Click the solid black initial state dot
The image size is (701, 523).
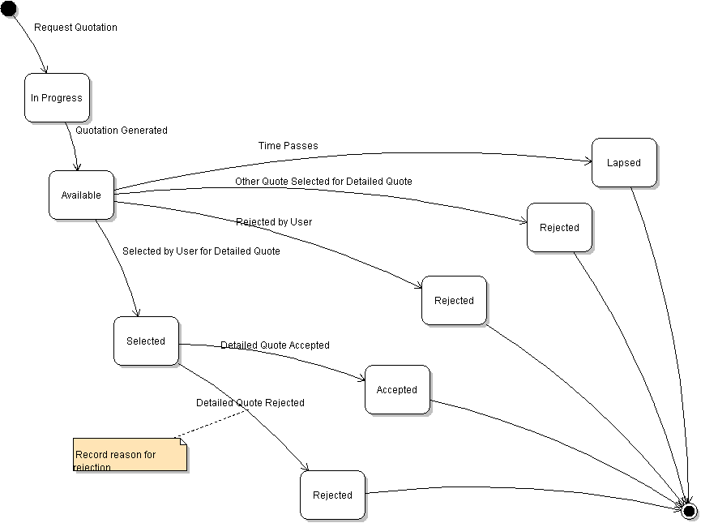[x=8, y=8]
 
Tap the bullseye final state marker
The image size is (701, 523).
[x=689, y=511]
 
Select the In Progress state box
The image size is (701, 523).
[x=57, y=98]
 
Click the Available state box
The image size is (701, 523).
[x=81, y=195]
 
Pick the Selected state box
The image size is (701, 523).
[x=146, y=341]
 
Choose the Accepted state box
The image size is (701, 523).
[x=397, y=390]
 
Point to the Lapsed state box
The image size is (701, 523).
[x=624, y=163]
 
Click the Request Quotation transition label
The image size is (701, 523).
[x=75, y=28]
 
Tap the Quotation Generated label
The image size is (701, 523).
[x=122, y=130]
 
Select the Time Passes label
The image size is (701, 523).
[x=289, y=146]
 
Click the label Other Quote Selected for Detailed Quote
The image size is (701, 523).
[x=323, y=182]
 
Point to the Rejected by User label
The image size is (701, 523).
[x=274, y=221]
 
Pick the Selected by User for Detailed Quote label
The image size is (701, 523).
[x=201, y=251]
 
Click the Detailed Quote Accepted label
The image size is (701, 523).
[x=275, y=345]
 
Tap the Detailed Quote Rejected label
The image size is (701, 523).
[x=250, y=403]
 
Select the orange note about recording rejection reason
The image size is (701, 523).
[x=130, y=455]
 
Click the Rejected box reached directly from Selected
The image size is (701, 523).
[x=332, y=495]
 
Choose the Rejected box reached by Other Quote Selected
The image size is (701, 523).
[x=559, y=228]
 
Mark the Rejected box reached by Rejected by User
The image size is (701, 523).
[x=454, y=301]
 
